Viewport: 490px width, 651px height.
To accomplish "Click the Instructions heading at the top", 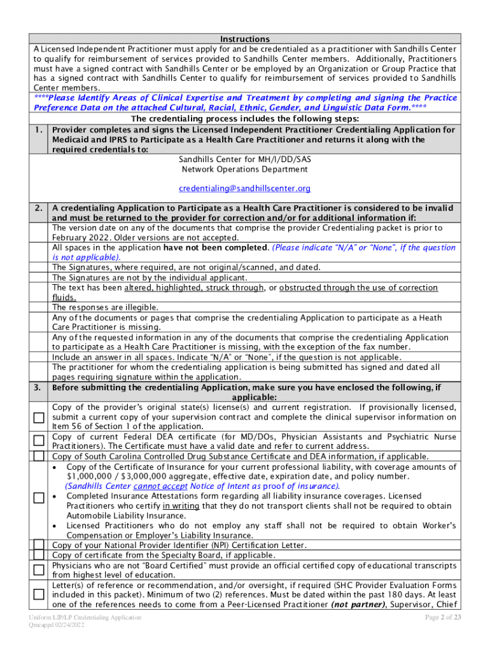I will click(x=245, y=39).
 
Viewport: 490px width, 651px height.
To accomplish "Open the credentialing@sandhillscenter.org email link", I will click(x=245, y=188).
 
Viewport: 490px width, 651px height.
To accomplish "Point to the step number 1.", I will click(x=39, y=130).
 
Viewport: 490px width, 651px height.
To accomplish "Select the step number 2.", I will click(x=39, y=208).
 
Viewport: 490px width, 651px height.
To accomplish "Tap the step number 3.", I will click(x=39, y=387).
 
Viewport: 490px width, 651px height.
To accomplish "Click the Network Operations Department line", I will click(x=245, y=169).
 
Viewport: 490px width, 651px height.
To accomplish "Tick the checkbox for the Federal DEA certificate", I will click(x=39, y=441).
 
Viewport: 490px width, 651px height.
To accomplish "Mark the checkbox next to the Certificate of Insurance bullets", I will click(x=39, y=497).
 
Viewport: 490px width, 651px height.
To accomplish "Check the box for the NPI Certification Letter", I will click(x=39, y=545).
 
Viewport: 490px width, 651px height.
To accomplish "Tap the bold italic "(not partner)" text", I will click(x=356, y=605).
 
